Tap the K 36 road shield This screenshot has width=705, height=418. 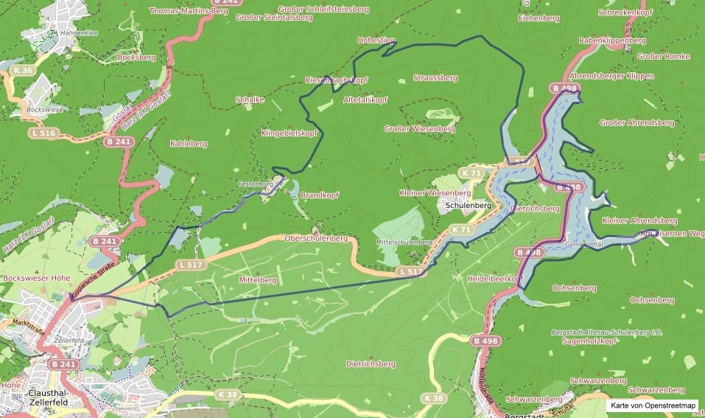(24, 70)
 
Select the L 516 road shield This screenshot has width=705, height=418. (43, 133)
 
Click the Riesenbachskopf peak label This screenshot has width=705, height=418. (336, 80)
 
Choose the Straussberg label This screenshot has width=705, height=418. (435, 77)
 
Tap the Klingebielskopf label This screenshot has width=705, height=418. (290, 133)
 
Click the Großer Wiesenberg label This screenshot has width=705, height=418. (420, 129)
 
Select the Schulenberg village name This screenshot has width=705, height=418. (469, 204)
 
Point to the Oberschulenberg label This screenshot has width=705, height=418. (315, 238)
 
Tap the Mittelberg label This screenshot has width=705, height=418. (258, 280)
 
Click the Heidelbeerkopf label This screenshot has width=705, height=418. (495, 279)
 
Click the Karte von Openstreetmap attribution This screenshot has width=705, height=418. (653, 405)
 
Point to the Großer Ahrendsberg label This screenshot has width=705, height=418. (637, 122)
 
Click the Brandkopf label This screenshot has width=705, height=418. (320, 195)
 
